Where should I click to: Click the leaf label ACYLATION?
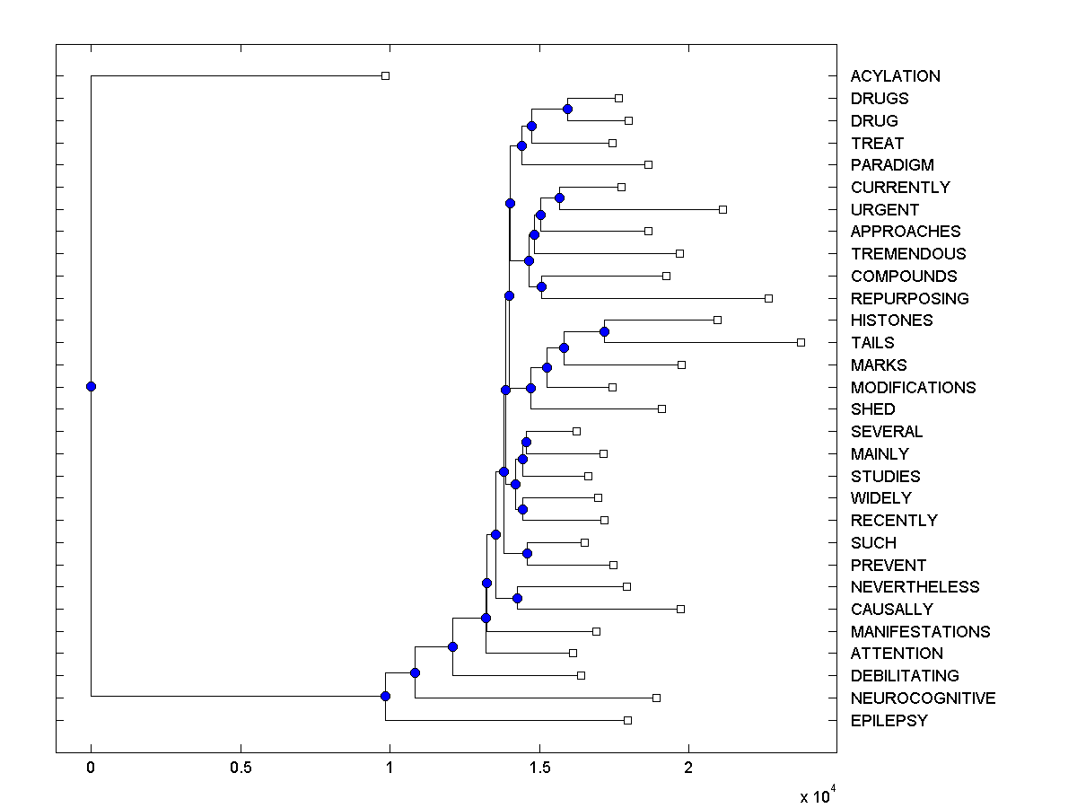(x=895, y=76)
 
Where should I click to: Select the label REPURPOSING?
(x=909, y=298)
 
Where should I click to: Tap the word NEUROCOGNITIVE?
(x=923, y=698)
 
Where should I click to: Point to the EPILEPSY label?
(x=889, y=720)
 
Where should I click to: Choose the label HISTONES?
(x=891, y=321)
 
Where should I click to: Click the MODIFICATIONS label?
(x=913, y=387)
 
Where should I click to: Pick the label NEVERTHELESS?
(x=915, y=586)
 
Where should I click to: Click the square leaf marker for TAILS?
(x=801, y=342)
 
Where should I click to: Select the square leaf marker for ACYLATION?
(x=386, y=75)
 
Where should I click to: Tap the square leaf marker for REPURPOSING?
(x=768, y=298)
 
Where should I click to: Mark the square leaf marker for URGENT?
(x=722, y=209)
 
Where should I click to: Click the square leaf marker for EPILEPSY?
(x=627, y=720)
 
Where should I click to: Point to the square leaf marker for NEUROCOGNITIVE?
(x=656, y=698)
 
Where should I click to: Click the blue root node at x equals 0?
(x=91, y=386)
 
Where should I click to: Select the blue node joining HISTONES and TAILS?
(x=604, y=332)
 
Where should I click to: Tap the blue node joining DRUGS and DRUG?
(x=567, y=109)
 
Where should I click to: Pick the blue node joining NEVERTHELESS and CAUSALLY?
(x=517, y=598)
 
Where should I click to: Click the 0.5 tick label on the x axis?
(x=241, y=768)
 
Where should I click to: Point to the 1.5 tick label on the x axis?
(x=538, y=768)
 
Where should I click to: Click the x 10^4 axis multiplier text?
(x=817, y=795)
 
